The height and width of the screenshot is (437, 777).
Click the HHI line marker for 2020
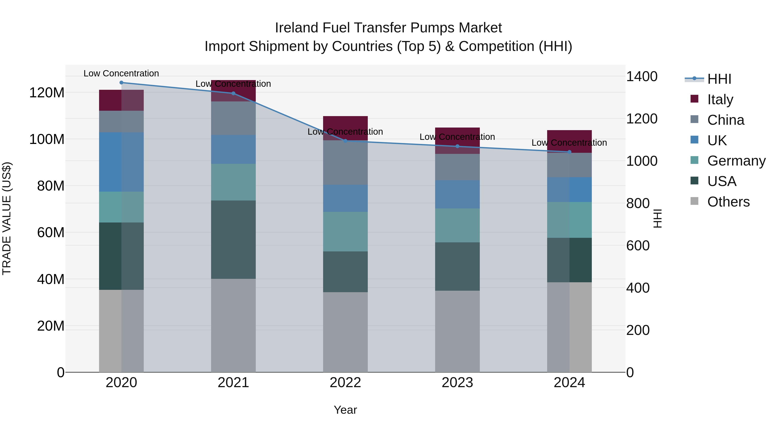(x=121, y=82)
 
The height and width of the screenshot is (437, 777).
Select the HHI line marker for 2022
(x=345, y=140)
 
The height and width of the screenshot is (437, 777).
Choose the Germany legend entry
(x=736, y=161)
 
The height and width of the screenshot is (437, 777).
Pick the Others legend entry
(x=728, y=202)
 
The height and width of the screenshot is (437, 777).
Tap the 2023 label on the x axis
(x=457, y=382)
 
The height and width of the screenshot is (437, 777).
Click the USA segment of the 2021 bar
(x=233, y=240)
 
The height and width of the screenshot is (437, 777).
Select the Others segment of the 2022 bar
(x=345, y=332)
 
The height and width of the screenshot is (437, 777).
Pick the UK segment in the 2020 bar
(x=121, y=162)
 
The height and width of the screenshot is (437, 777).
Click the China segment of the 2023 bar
(x=457, y=167)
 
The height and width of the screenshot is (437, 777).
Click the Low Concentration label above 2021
(x=233, y=84)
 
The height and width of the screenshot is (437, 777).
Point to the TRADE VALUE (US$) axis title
(x=7, y=218)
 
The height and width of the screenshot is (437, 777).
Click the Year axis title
(x=345, y=410)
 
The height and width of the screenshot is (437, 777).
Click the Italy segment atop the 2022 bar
(x=345, y=124)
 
